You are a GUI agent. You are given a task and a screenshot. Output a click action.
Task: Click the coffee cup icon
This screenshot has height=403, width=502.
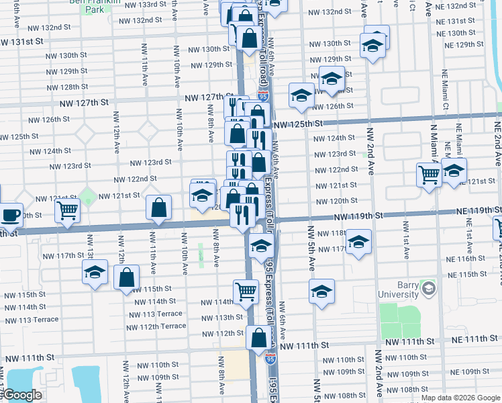[x=10, y=215]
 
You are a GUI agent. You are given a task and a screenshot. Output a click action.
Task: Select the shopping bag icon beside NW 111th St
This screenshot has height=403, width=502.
[x=259, y=339]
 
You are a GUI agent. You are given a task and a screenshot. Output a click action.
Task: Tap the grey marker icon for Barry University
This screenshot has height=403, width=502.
[x=428, y=289]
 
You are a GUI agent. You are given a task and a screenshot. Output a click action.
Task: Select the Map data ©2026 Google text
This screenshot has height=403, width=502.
[x=460, y=398]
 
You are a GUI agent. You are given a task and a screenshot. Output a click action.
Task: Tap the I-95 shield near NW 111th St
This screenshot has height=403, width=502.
[x=270, y=359]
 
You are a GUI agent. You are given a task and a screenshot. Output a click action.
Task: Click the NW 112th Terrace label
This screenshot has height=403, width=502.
[x=156, y=326]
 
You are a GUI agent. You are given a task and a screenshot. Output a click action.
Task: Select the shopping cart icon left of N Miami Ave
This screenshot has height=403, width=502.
[x=429, y=175]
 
